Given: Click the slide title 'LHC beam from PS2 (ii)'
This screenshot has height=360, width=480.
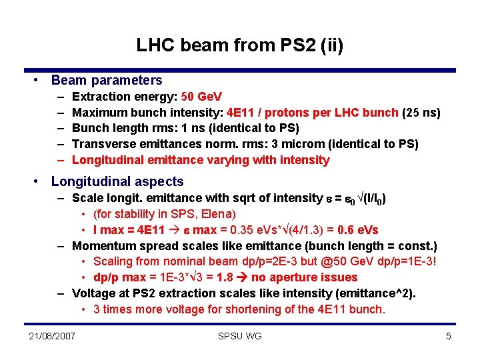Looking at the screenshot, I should tap(239, 45).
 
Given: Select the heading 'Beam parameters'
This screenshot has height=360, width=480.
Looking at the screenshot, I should tap(107, 80).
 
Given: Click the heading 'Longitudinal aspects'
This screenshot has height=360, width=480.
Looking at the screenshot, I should tap(117, 181).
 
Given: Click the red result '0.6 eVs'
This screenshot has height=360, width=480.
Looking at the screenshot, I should tap(359, 230).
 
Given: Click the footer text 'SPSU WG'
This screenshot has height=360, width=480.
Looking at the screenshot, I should tap(239, 336).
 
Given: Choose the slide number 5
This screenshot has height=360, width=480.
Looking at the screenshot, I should tap(449, 336).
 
